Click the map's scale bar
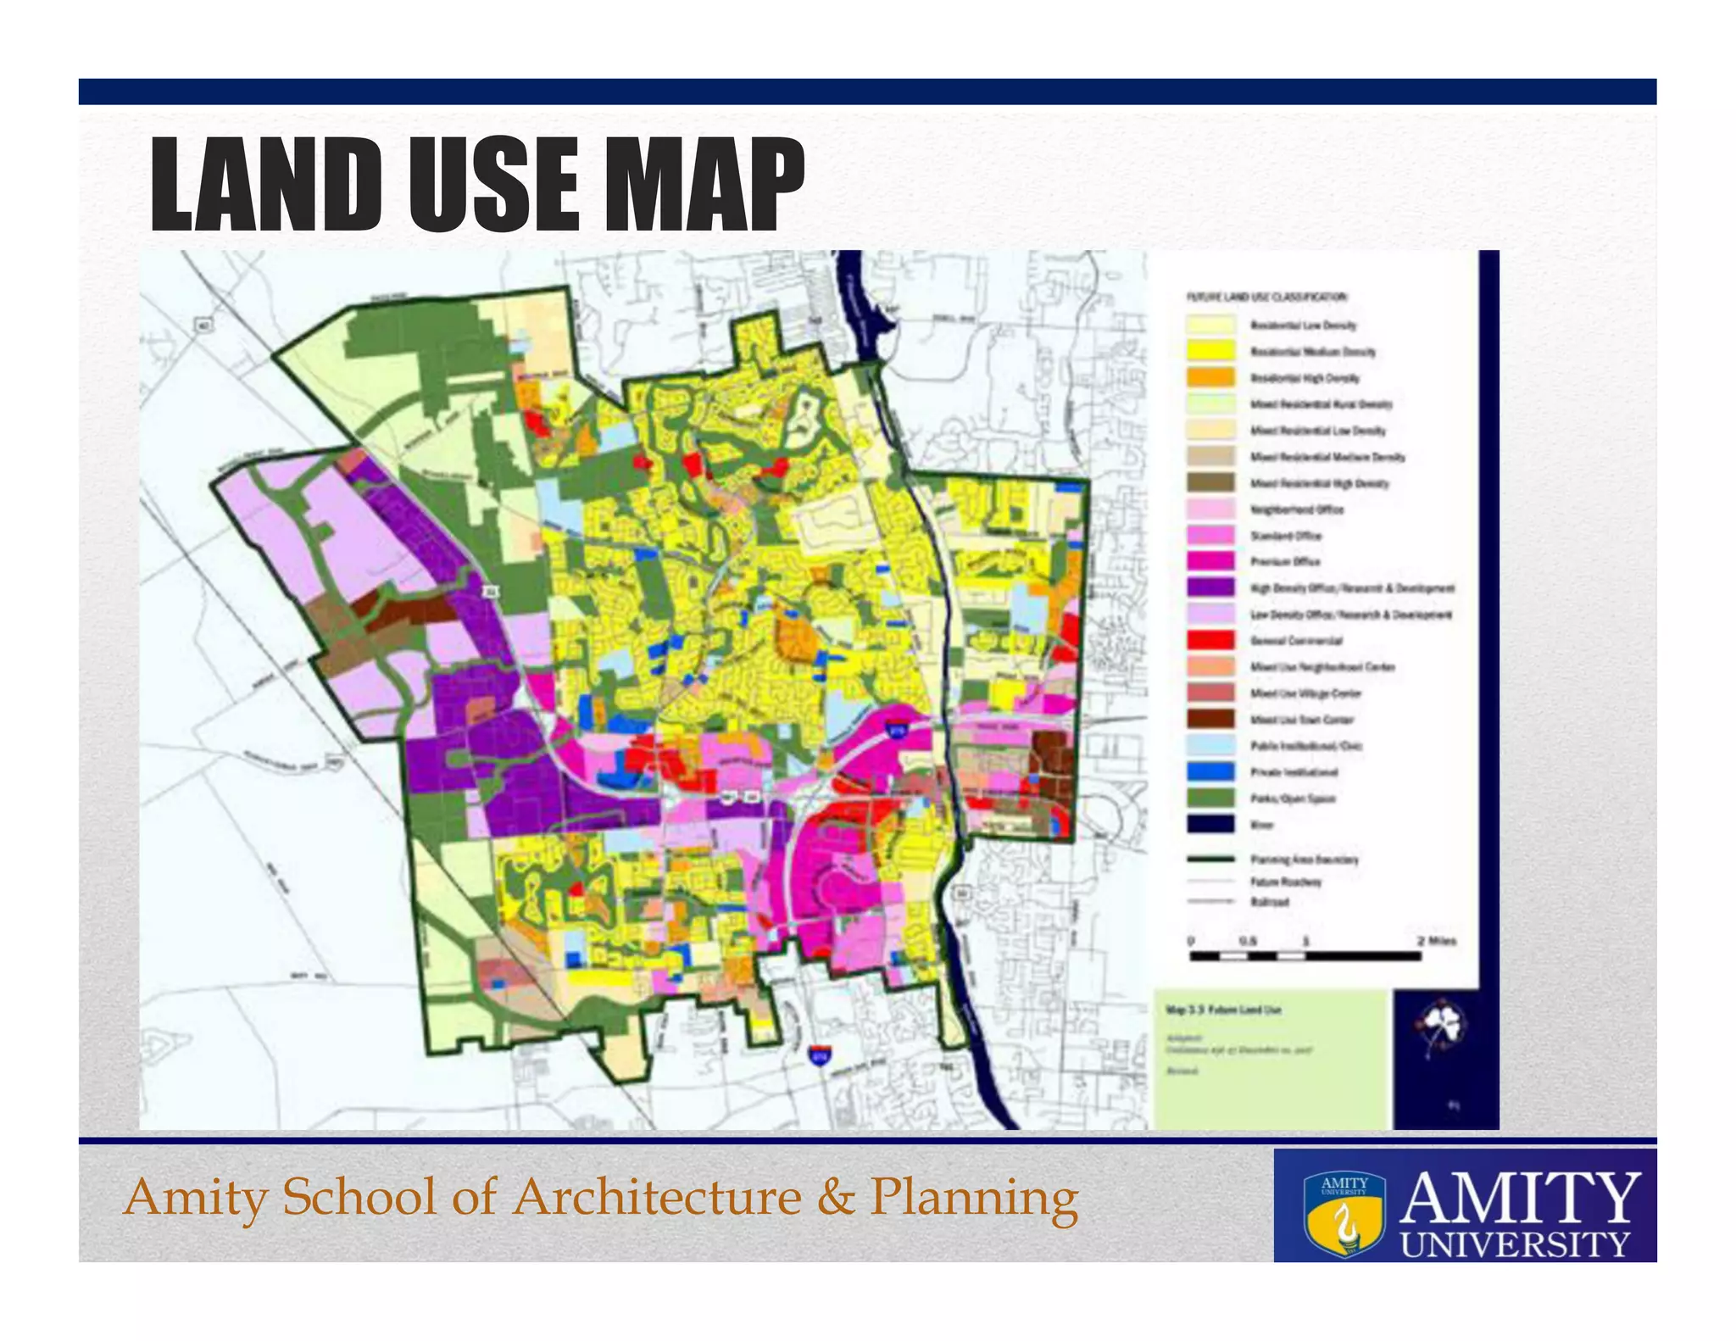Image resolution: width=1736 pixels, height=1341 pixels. click(1305, 956)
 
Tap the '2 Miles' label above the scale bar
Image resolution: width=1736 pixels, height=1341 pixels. click(1436, 941)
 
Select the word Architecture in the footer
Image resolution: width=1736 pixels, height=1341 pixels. click(658, 1197)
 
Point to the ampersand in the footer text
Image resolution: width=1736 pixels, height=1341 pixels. click(836, 1197)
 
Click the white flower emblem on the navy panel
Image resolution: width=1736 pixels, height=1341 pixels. click(1438, 1027)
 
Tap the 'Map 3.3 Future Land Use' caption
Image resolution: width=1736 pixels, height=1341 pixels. click(1223, 1010)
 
